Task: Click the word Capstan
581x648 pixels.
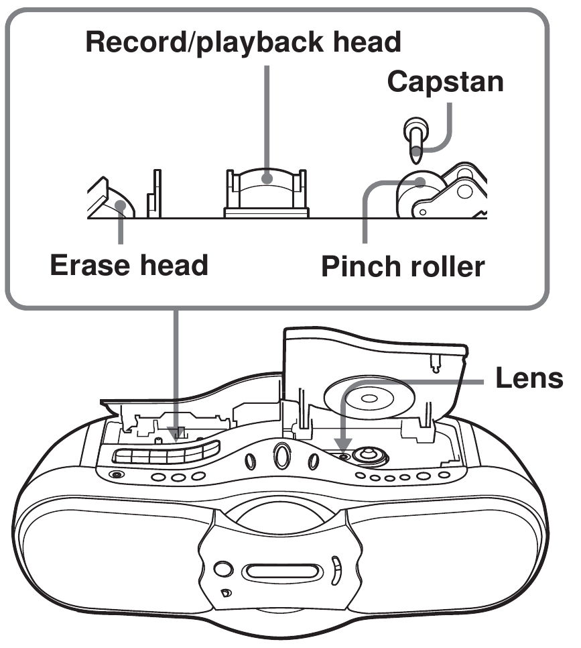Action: point(445,83)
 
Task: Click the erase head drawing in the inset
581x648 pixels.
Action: point(111,200)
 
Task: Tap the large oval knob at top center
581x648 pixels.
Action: point(279,457)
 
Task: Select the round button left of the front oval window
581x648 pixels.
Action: point(223,571)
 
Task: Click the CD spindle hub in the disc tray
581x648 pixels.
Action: point(367,455)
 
